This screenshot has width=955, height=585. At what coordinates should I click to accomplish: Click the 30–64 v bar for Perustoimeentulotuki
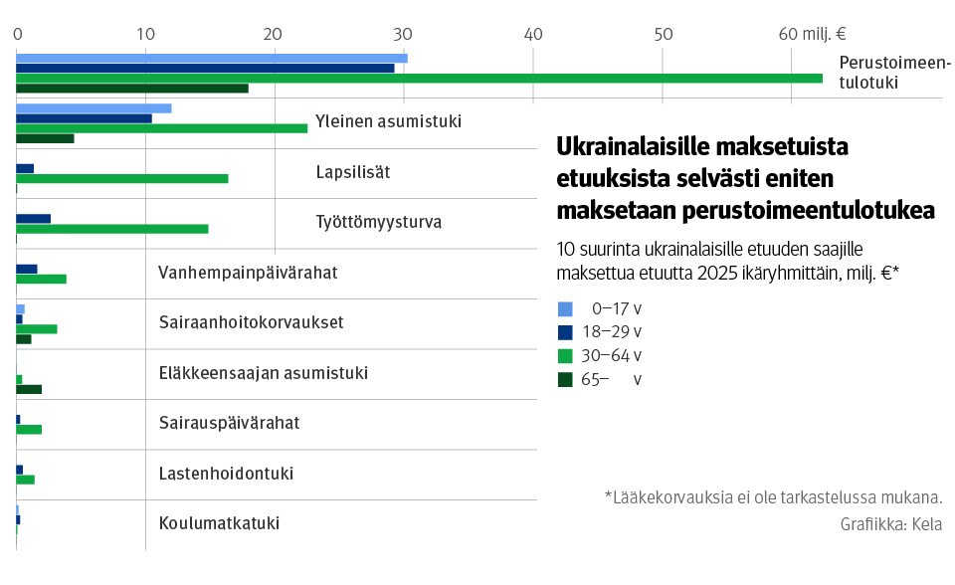point(418,78)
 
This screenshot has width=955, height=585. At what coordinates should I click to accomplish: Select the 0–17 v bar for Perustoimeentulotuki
point(211,58)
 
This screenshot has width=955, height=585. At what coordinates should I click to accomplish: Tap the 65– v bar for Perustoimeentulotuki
point(131,89)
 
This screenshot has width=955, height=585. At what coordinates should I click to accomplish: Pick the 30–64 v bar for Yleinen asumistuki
point(161,128)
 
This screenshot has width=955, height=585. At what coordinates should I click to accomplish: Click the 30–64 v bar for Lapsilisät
point(121,178)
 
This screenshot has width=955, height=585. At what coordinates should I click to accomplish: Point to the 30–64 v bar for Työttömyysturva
point(111,229)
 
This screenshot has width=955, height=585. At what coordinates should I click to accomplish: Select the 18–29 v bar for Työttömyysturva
point(33,218)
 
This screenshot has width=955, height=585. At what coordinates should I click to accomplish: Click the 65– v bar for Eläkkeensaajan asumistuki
point(29,389)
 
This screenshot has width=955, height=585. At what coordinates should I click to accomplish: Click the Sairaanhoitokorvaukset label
point(251,322)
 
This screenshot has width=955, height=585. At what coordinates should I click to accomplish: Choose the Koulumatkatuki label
point(219,523)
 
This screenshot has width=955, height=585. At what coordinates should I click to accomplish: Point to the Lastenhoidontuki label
point(226,474)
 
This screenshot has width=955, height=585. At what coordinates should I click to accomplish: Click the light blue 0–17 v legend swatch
point(566,308)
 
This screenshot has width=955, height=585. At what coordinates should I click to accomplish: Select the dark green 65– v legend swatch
point(566,379)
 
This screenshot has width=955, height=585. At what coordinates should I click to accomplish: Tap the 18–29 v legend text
point(611,332)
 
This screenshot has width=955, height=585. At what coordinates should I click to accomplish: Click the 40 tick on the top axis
point(533,34)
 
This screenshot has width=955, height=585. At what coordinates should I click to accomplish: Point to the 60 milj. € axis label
point(812,34)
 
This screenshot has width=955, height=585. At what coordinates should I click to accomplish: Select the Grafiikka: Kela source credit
point(890,524)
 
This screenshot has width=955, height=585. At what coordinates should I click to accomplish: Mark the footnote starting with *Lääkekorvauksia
point(773,497)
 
